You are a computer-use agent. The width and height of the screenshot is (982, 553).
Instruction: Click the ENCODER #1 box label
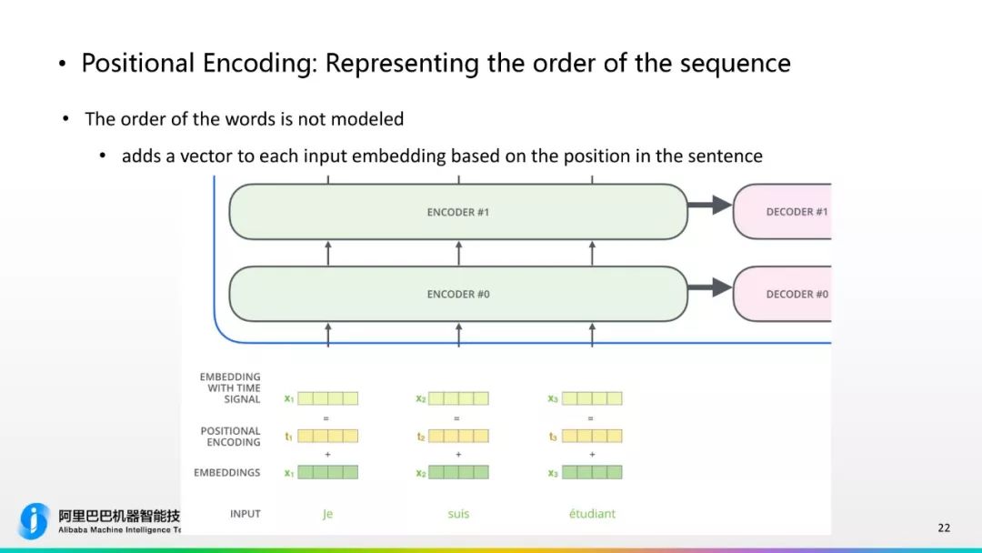457,212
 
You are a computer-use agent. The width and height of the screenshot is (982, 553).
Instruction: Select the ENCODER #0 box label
457,294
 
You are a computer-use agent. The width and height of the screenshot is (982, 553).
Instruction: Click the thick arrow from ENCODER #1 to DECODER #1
709,206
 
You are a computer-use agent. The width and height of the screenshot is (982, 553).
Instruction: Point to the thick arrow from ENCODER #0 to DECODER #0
709,287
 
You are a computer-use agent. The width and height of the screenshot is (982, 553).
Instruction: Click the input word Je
327,514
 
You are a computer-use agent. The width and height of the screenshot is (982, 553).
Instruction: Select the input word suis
458,514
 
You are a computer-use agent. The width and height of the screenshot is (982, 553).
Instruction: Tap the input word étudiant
592,514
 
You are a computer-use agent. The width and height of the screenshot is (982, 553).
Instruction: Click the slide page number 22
944,528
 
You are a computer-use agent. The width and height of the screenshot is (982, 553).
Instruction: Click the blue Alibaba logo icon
35,521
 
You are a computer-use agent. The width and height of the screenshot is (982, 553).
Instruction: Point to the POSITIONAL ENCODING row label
231,437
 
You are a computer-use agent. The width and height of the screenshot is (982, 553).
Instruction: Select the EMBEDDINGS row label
227,473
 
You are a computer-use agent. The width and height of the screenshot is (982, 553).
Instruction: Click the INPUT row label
245,514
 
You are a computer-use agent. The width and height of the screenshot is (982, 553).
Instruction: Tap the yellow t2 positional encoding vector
458,437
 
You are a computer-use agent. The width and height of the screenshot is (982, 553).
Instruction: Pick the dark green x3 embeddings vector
592,473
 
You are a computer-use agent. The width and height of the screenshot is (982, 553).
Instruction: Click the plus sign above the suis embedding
458,454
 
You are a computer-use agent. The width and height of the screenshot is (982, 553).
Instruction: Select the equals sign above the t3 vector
591,418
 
